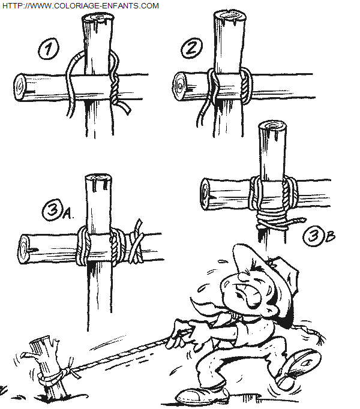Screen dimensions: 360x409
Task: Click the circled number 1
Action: tap(49, 49)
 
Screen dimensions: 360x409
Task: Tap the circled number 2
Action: tap(192, 48)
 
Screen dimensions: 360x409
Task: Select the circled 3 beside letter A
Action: tap(52, 210)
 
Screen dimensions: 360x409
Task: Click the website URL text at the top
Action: tap(80, 5)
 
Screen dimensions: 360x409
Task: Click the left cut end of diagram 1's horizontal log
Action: tap(20, 87)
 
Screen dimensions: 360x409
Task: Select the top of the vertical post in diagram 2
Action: tap(230, 17)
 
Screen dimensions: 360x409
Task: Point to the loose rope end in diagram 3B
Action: tap(295, 221)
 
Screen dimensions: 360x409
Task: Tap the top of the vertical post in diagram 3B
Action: tap(272, 127)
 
